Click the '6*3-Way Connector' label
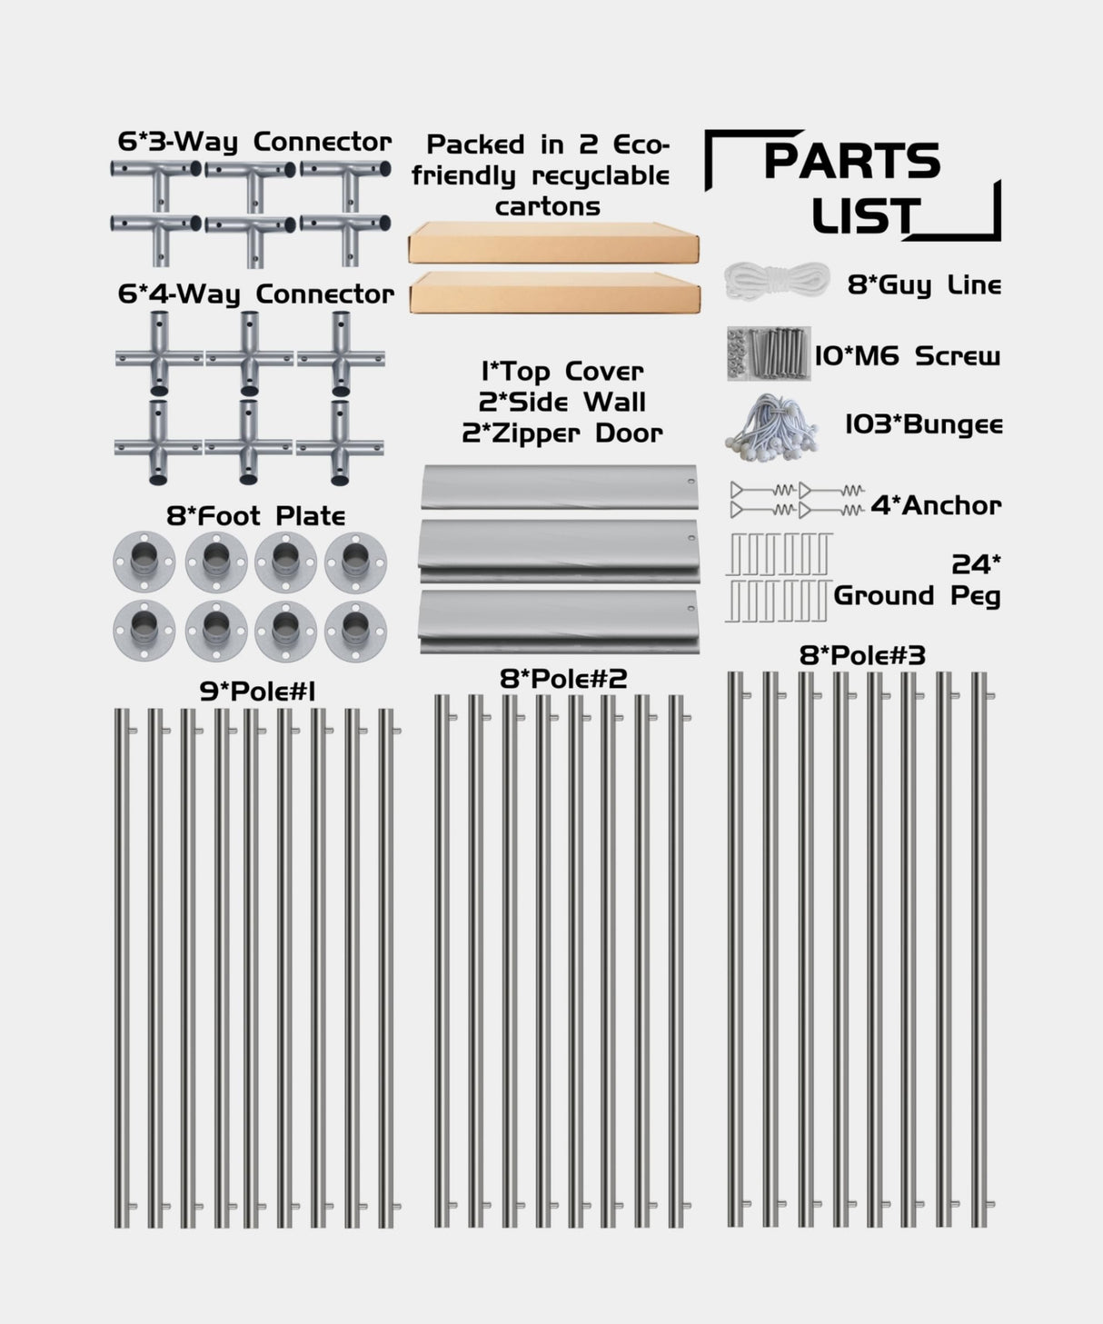254,142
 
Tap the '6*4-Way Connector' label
256,294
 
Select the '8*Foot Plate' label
255,516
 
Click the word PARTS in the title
851,162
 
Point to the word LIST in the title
865,218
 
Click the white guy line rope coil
777,282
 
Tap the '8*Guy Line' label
924,284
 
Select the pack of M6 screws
769,353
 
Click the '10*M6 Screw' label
907,355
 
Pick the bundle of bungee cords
771,424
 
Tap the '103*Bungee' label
924,424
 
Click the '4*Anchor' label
936,505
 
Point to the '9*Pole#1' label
257,692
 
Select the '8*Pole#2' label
563,678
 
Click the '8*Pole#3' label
862,655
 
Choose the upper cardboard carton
553,243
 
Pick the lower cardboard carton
555,293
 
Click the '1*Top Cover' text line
561,372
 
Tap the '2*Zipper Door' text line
561,433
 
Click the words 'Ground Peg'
917,596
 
